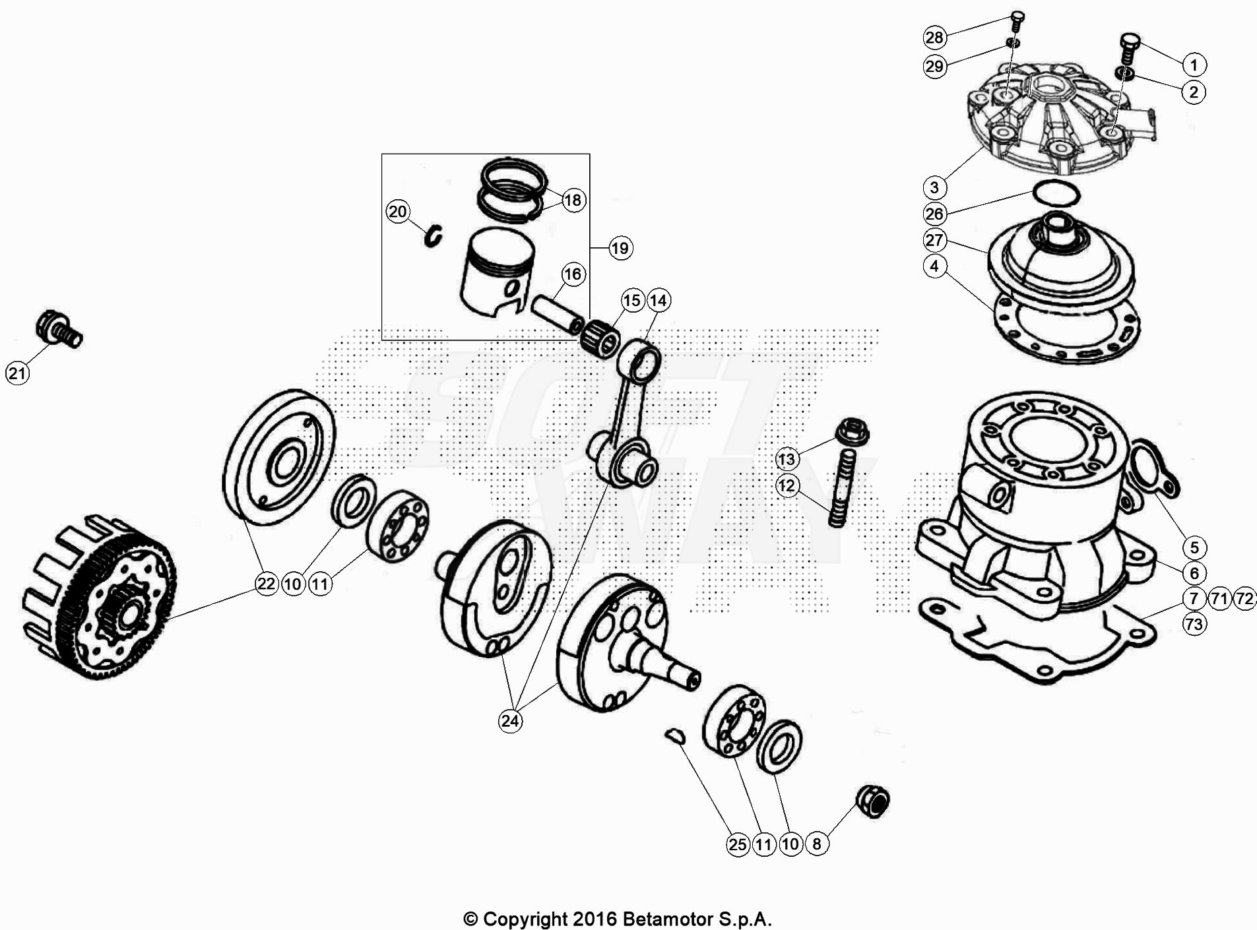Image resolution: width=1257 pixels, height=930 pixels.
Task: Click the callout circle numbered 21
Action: click(17, 373)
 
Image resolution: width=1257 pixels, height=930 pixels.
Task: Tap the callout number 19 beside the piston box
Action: click(620, 248)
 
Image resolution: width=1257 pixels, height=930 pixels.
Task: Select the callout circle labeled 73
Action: click(1194, 624)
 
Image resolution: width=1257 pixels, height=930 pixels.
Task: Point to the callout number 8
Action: click(817, 844)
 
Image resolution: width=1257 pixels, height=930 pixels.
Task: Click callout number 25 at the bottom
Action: click(738, 844)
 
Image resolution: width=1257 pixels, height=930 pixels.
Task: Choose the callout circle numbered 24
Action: click(510, 721)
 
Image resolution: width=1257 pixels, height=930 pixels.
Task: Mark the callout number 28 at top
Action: click(934, 37)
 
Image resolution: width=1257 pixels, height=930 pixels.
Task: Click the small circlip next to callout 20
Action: click(434, 236)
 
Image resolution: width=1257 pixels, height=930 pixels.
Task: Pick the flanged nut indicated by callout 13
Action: click(852, 433)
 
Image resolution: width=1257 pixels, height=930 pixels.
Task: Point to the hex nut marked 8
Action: click(873, 801)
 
